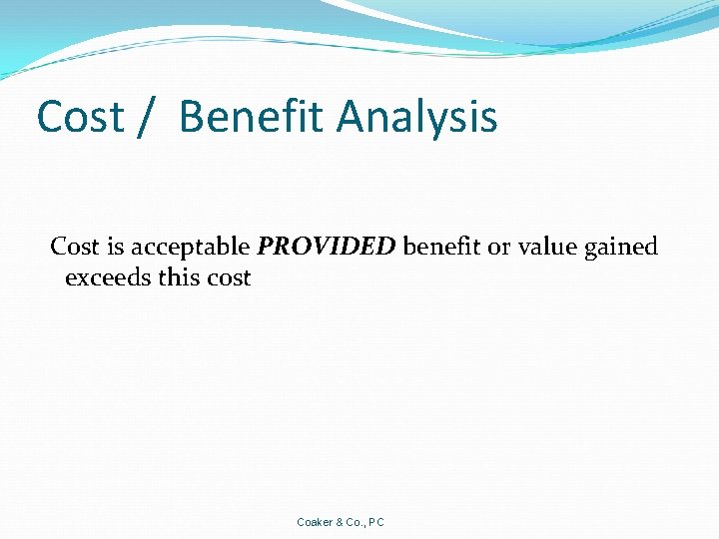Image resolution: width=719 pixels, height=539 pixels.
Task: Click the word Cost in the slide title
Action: (x=79, y=117)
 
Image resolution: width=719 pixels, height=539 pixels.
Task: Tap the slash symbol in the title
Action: (x=147, y=117)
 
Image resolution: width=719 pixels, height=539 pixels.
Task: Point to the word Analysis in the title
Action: (x=416, y=119)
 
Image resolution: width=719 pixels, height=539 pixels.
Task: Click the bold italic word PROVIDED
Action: (x=327, y=247)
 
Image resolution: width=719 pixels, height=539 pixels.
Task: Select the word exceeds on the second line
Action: (x=108, y=277)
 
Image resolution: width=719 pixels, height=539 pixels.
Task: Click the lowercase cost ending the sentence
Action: (x=230, y=277)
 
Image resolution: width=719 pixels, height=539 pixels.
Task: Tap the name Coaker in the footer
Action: (x=316, y=522)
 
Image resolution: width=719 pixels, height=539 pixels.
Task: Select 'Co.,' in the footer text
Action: (x=357, y=522)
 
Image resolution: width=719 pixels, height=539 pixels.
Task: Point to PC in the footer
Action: (x=376, y=522)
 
